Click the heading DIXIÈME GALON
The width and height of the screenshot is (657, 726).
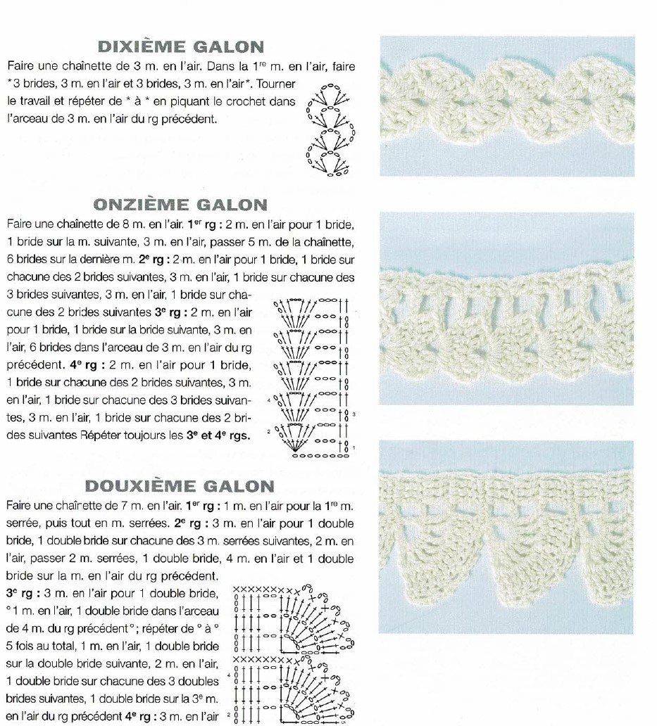coord(181,47)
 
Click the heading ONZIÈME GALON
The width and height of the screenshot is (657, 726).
coord(180,205)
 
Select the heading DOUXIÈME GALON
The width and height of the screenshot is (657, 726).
coord(180,486)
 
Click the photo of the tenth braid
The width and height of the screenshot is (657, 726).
coord(506,106)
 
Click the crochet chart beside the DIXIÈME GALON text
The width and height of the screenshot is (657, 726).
coord(330,129)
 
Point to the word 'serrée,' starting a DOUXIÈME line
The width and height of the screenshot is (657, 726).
coord(25,523)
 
